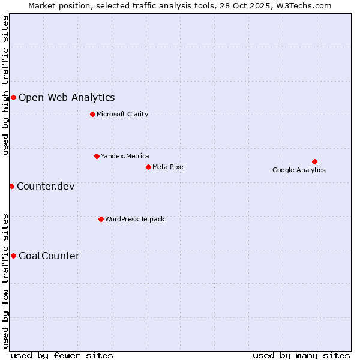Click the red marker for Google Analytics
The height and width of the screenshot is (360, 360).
[x=314, y=161]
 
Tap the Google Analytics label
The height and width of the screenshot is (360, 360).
[x=299, y=170]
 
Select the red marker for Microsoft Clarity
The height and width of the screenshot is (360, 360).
[x=92, y=114]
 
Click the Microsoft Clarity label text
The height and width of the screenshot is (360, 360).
[x=122, y=114]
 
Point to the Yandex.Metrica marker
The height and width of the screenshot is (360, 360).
[x=97, y=156]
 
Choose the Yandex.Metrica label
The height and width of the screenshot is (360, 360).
[x=125, y=156]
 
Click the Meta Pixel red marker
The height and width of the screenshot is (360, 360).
[x=148, y=167]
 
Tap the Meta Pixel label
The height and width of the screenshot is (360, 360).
[x=169, y=167]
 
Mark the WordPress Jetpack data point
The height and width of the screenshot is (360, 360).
[x=101, y=219]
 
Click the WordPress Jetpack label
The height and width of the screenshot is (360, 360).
[x=134, y=219]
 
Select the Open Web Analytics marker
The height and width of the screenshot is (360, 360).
[x=13, y=97]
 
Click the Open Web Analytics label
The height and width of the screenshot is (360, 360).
[x=67, y=97]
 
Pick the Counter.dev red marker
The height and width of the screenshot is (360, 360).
[x=11, y=186]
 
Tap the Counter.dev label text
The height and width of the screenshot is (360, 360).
[x=46, y=186]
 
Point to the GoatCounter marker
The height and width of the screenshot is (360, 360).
[x=13, y=256]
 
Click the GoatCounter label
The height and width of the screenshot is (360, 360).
[x=49, y=256]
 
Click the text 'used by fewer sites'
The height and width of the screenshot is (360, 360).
[x=62, y=355]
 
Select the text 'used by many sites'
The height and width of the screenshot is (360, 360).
[x=301, y=355]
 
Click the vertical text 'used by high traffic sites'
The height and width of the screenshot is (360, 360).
[x=5, y=85]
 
